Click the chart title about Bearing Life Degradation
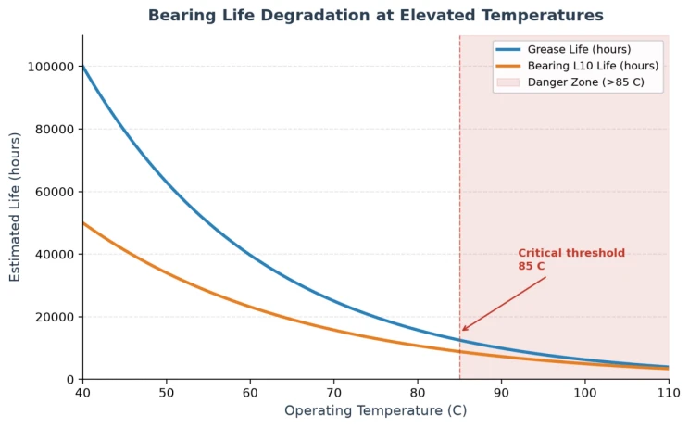(x=376, y=16)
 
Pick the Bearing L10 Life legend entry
(x=577, y=66)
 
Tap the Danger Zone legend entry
(x=570, y=82)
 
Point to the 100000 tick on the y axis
(x=51, y=67)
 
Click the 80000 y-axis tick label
(x=54, y=129)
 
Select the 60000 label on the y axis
(x=54, y=192)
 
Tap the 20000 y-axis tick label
(x=54, y=317)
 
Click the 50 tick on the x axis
(x=167, y=392)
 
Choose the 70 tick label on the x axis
(x=334, y=392)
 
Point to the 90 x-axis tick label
(x=501, y=392)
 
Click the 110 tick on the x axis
(x=669, y=392)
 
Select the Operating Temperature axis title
(x=376, y=410)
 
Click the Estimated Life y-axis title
(x=15, y=207)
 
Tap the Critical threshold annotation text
(x=571, y=259)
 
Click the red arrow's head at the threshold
(x=463, y=330)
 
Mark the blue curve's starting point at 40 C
(x=83, y=67)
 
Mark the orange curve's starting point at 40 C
(x=83, y=223)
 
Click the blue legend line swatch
(x=508, y=49)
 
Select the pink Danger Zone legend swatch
(x=508, y=82)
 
